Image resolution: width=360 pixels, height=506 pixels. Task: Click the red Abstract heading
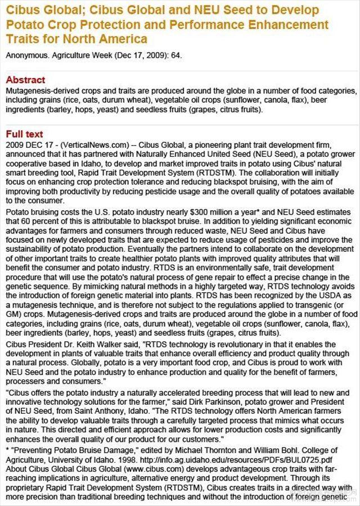pyautogui.click(x=25, y=80)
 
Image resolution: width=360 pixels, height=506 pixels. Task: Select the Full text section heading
pyautogui.click(x=24, y=134)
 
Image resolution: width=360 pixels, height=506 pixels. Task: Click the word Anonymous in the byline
pyautogui.click(x=25, y=56)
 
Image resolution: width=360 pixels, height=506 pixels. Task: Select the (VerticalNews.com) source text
pyautogui.click(x=82, y=143)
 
